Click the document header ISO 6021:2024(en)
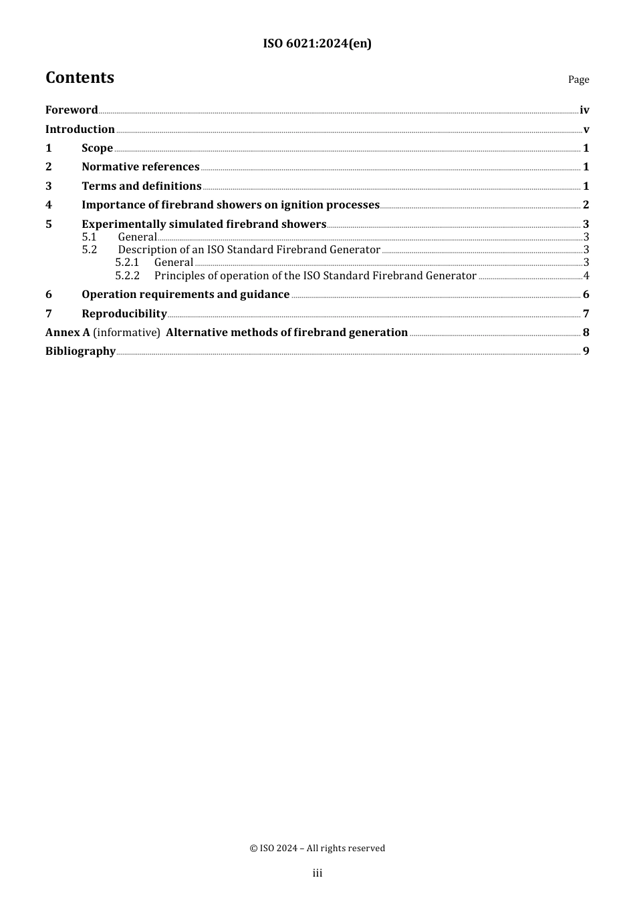tap(317, 43)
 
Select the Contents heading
tap(80, 78)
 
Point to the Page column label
tap(578, 80)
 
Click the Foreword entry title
tap(72, 110)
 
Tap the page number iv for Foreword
tap(584, 110)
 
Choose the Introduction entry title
tap(80, 130)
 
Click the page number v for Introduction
tap(586, 130)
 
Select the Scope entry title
tap(97, 148)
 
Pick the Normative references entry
tap(140, 167)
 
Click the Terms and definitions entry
tap(141, 186)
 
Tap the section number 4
tap(49, 205)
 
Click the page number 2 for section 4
tap(586, 205)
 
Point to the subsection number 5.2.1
tap(127, 263)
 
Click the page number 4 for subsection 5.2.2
tap(586, 276)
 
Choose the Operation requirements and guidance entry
tap(185, 295)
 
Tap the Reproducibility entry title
tap(124, 314)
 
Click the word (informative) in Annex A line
tap(126, 333)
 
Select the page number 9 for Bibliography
tap(586, 351)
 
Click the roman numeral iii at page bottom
tap(317, 873)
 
